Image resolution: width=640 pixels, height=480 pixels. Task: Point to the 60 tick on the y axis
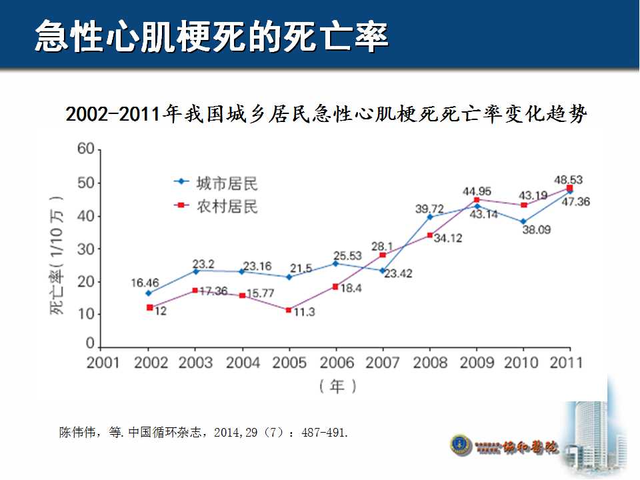coord(85,149)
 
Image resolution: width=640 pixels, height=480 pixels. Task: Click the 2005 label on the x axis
coord(290,363)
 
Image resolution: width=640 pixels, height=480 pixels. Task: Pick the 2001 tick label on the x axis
coord(103,363)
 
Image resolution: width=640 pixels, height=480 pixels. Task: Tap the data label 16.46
coord(145,283)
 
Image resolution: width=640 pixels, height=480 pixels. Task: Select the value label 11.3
coord(304,311)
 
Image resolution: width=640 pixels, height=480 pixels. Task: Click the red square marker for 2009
coord(477,199)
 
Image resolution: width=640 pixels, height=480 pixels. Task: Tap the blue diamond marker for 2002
coord(148,293)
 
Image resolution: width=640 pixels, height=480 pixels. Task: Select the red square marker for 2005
coord(289,310)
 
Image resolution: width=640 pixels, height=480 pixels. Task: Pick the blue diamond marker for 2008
coord(429,217)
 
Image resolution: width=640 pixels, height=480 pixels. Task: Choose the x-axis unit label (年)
coord(337,385)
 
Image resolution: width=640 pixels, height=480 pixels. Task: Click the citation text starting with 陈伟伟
coord(204,433)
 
